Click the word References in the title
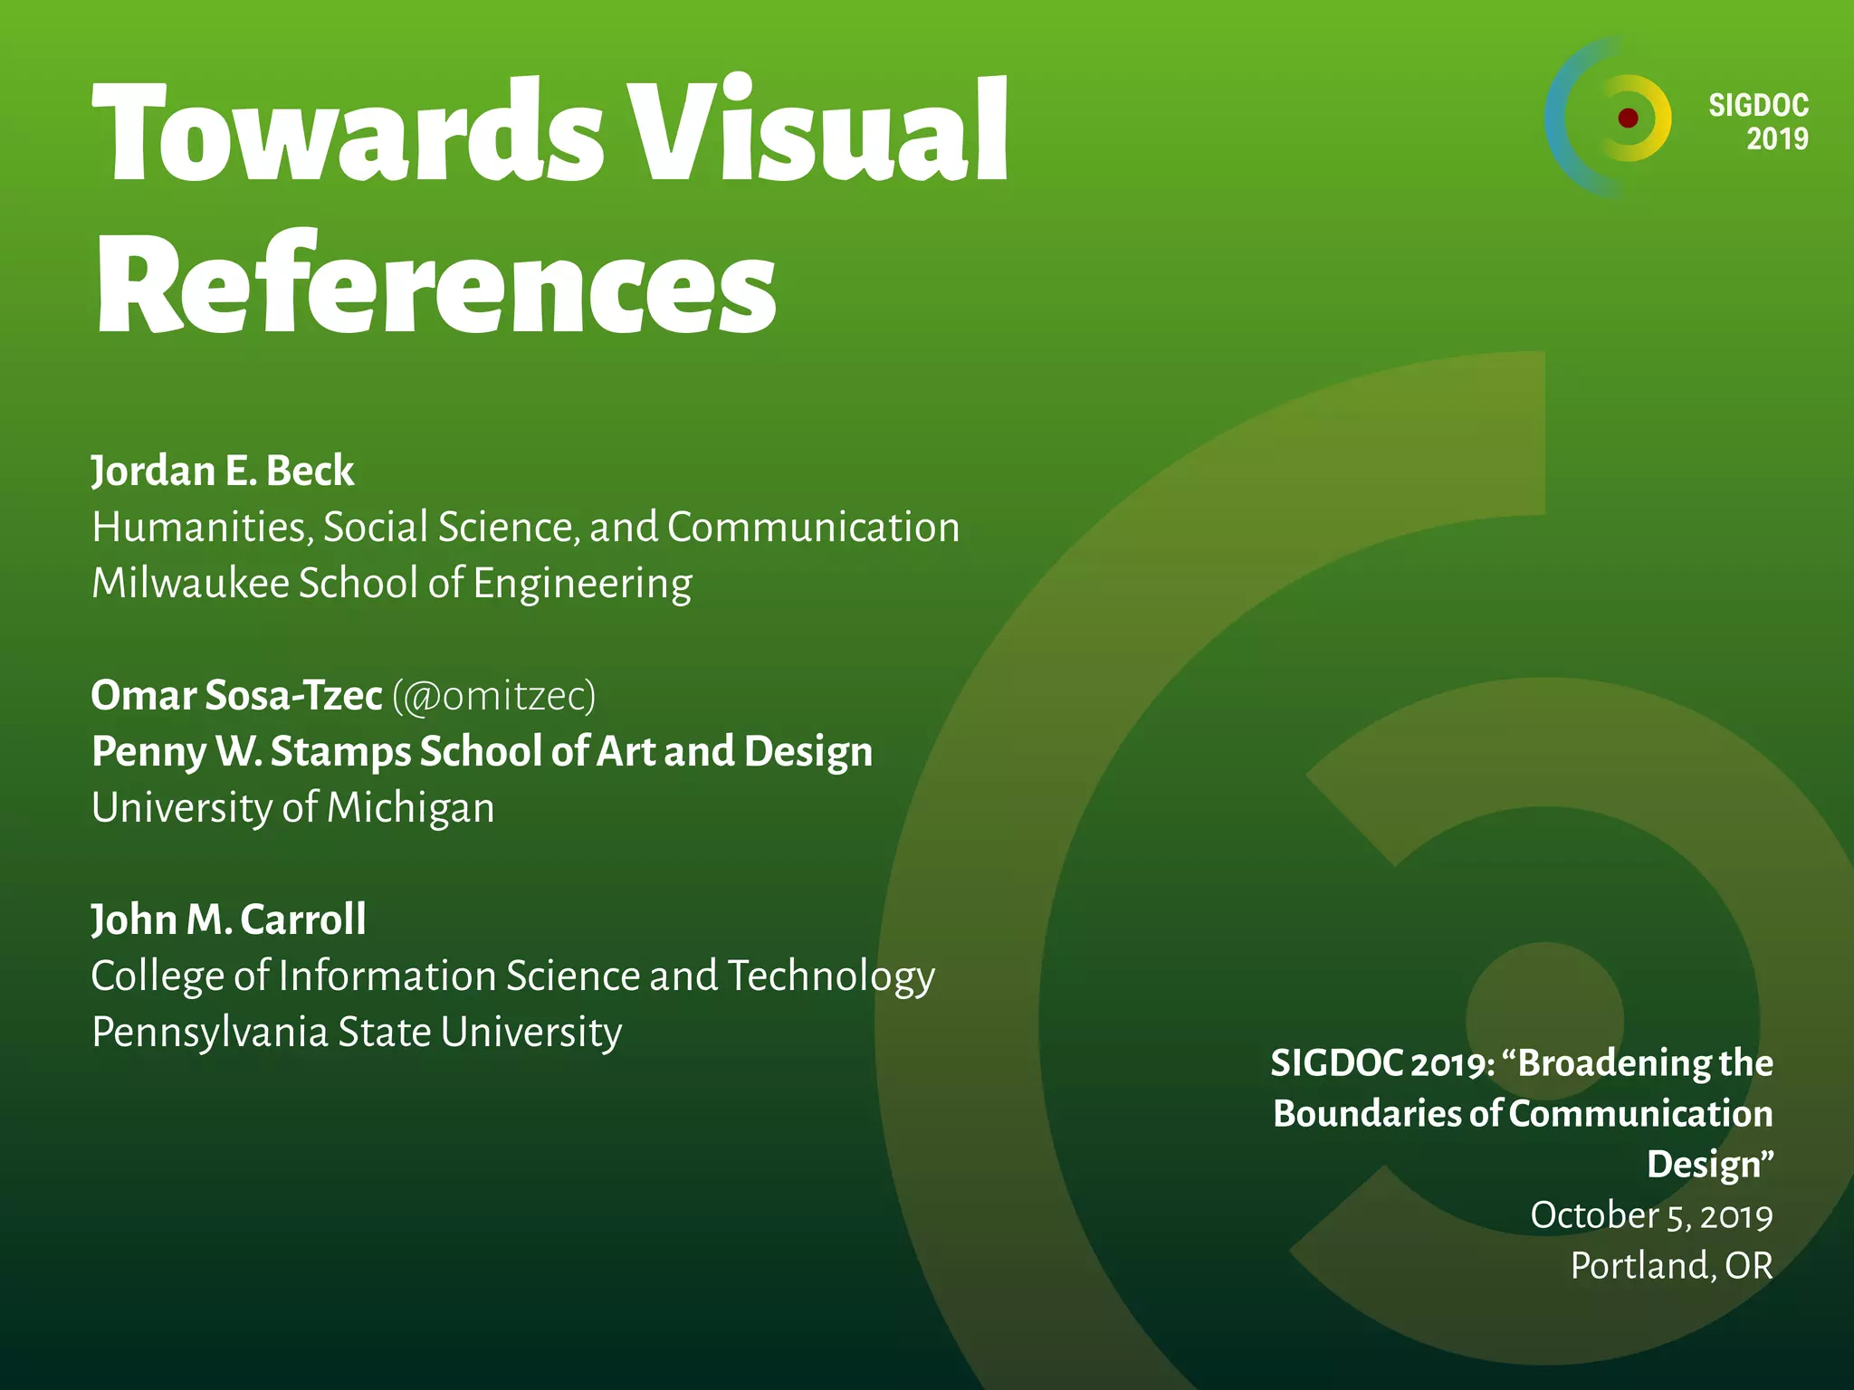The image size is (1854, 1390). tap(435, 285)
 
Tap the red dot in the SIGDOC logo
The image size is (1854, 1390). tap(1628, 118)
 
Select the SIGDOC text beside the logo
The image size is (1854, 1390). tap(1758, 106)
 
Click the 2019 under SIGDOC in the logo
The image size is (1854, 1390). tap(1777, 139)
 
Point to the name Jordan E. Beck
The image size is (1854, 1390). tap(223, 471)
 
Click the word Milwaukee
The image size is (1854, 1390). tap(190, 583)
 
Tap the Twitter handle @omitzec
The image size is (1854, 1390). tap(494, 696)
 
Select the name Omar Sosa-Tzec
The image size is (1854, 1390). tap(236, 696)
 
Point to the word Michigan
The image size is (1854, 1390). tap(410, 808)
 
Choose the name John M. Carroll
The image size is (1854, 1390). tap(229, 920)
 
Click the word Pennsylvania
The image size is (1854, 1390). tap(209, 1033)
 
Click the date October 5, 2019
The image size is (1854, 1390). tap(1651, 1215)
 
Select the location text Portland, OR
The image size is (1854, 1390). tap(1671, 1266)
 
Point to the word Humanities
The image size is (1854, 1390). tap(201, 528)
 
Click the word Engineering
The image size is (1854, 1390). tap(582, 585)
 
